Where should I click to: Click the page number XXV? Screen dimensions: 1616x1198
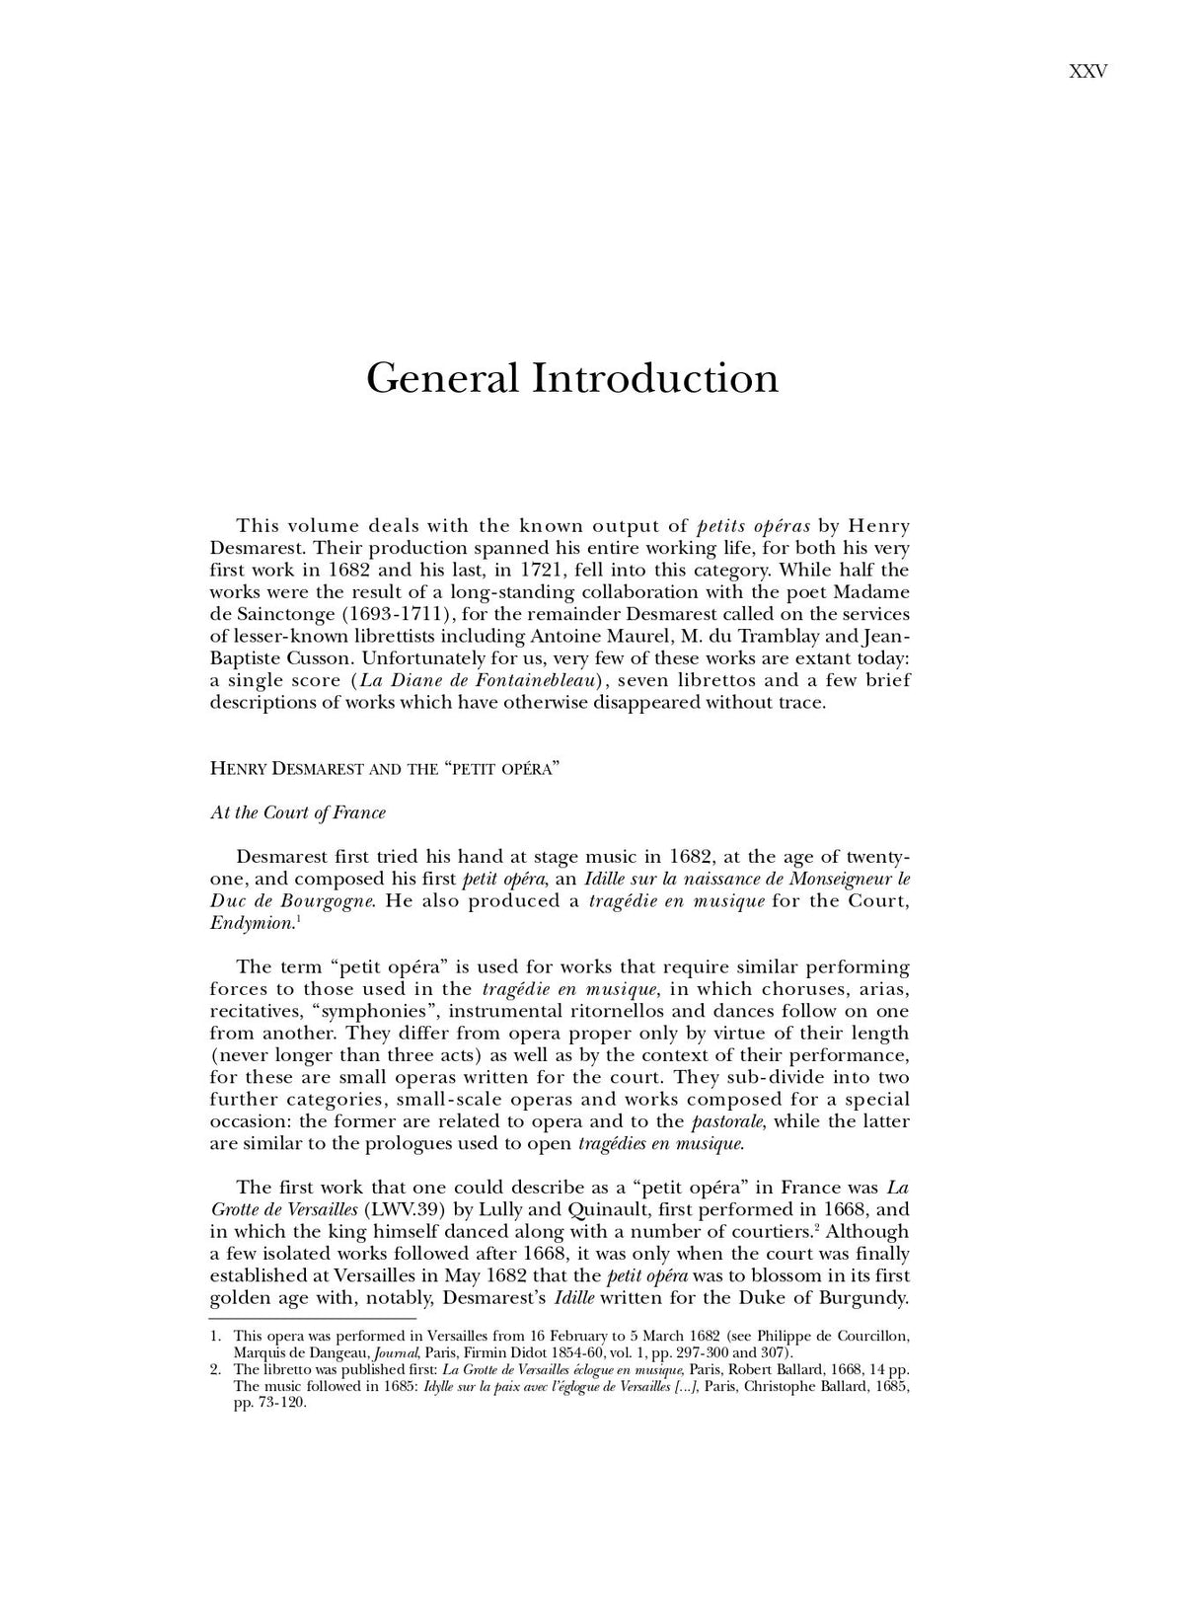tap(1087, 71)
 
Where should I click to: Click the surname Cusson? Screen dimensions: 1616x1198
tap(308, 658)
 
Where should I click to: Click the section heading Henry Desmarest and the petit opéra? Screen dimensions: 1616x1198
tap(385, 768)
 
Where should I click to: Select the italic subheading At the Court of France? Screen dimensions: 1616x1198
tap(298, 812)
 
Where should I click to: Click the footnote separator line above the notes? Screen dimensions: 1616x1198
tap(312, 1318)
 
